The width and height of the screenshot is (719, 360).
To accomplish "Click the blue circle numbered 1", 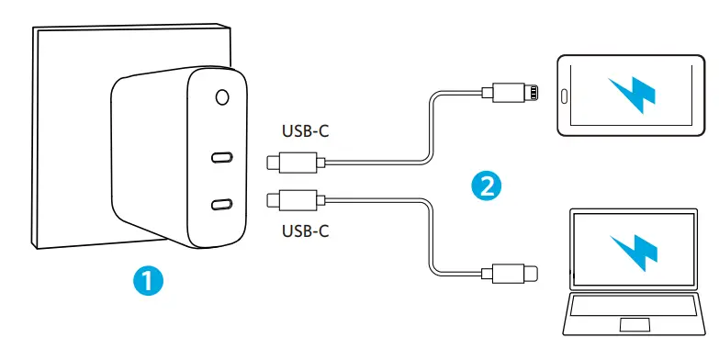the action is [x=147, y=278].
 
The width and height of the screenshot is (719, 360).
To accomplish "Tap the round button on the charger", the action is [x=221, y=96].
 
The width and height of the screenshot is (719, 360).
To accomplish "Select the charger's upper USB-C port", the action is [x=221, y=156].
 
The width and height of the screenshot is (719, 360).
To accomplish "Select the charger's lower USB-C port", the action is [x=221, y=205].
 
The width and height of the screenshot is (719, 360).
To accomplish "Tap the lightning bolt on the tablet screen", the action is [x=635, y=93].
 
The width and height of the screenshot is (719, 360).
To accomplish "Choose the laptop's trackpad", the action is [x=634, y=325].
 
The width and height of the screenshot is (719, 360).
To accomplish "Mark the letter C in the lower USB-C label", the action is [x=323, y=230].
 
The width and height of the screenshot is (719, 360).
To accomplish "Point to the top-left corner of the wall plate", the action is [x=34, y=29].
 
